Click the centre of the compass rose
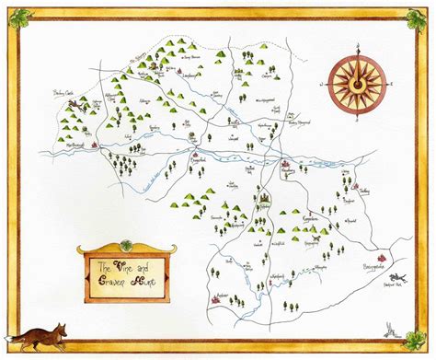click(353, 82)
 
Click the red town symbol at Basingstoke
click(381, 253)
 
